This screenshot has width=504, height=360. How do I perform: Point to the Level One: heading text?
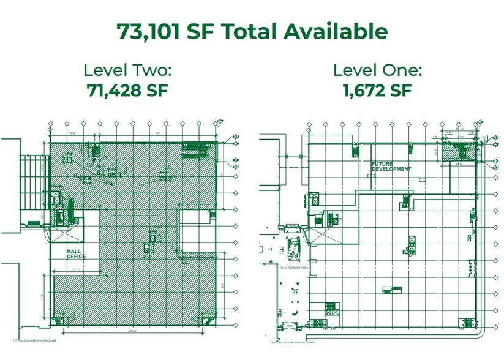tap(377, 70)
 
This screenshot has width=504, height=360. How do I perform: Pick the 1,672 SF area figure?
tap(377, 91)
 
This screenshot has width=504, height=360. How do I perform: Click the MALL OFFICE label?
tap(76, 253)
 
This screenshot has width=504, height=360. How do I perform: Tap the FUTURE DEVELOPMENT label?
tap(391, 167)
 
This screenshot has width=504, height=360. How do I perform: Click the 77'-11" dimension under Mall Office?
tap(77, 269)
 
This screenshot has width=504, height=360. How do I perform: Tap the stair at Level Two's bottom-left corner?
tap(57, 320)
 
